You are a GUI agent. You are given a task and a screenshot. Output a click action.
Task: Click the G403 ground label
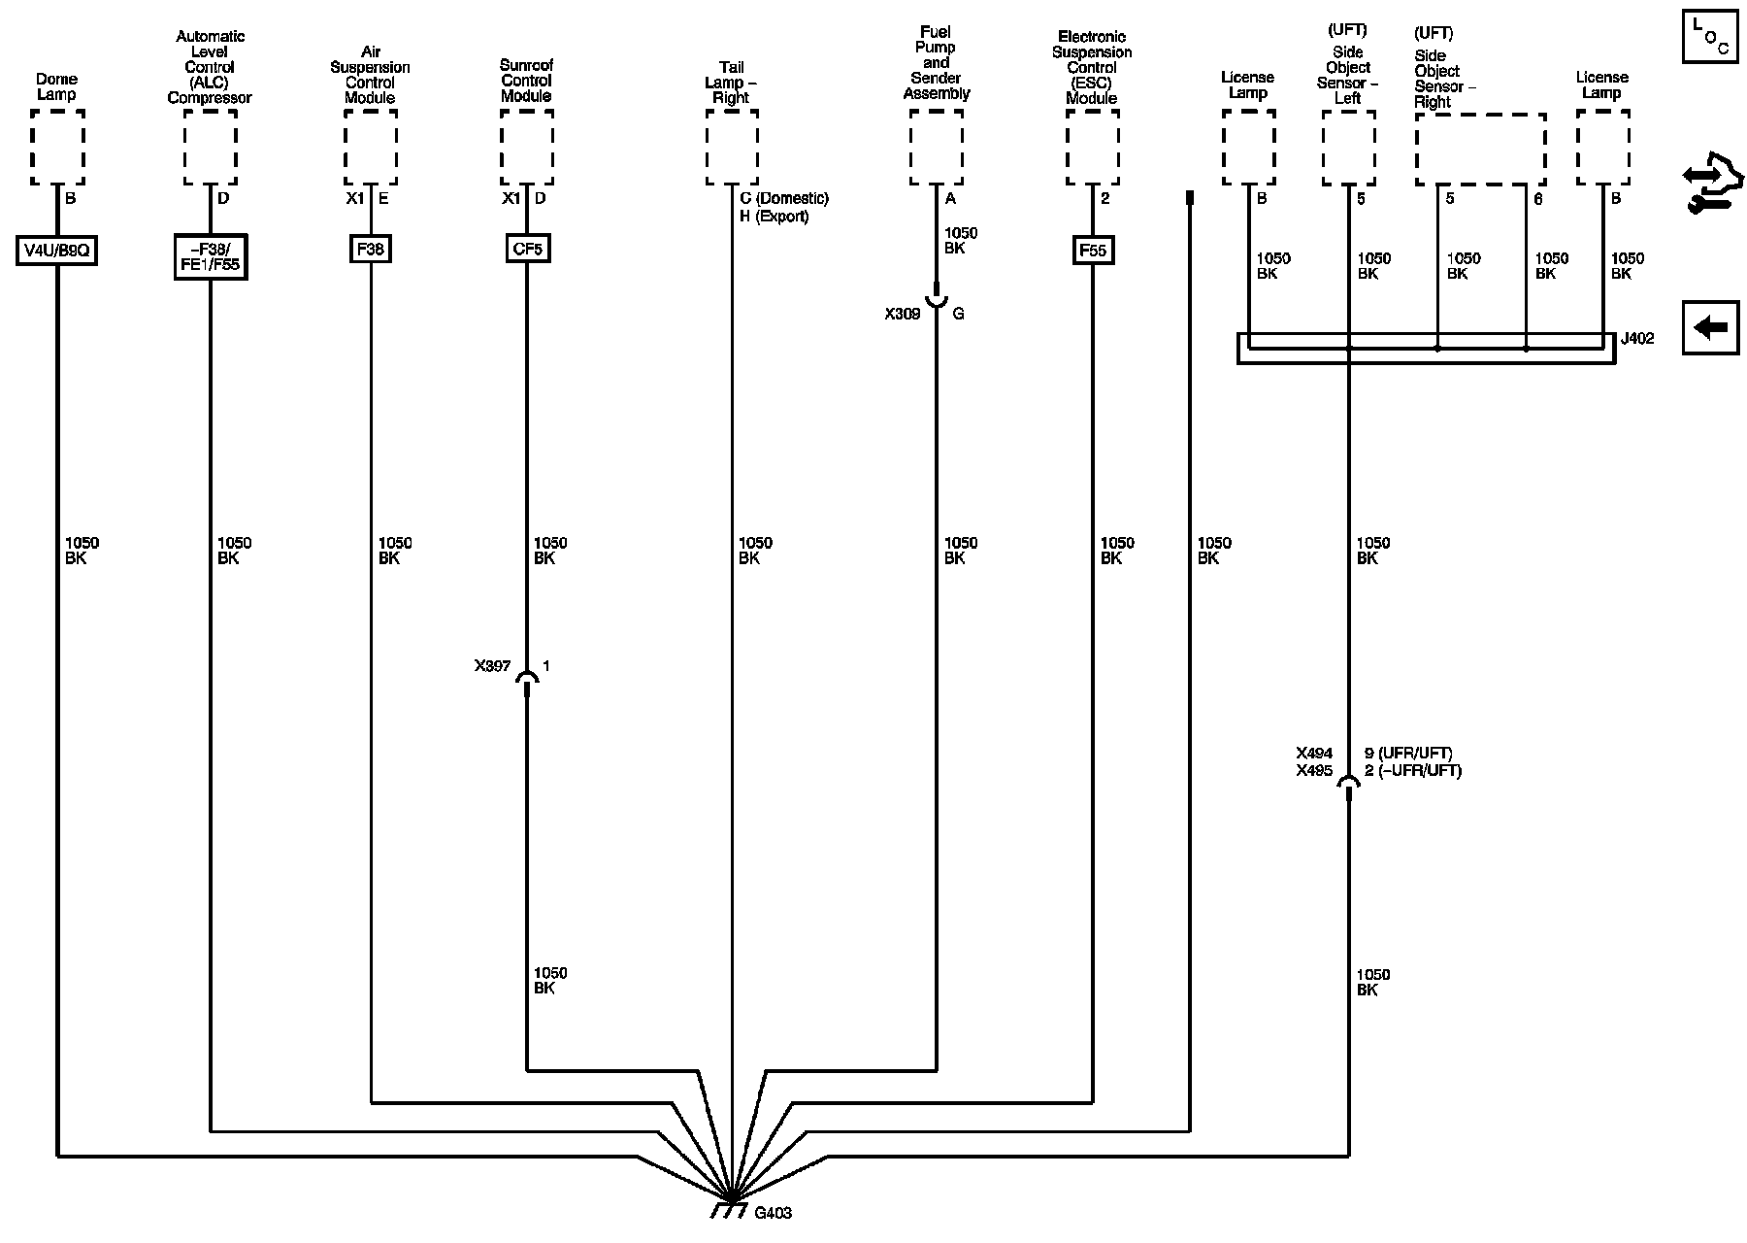click(773, 1213)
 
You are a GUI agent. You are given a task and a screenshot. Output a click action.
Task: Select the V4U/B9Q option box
click(57, 251)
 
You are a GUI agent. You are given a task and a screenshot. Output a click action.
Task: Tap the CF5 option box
click(527, 250)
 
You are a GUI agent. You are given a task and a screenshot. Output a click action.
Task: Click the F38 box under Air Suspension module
click(371, 250)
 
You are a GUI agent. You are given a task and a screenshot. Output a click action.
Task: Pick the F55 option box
click(1092, 251)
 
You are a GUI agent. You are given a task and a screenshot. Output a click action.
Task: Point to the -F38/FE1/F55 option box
click(210, 256)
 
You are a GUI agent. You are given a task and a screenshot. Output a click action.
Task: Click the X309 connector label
click(902, 315)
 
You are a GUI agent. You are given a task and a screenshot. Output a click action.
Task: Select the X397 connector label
click(492, 666)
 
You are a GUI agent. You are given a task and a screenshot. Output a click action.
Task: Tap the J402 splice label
click(1636, 340)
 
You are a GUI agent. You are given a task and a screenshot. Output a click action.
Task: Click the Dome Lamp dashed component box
click(57, 147)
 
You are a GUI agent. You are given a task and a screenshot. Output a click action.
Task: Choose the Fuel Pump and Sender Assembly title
click(936, 63)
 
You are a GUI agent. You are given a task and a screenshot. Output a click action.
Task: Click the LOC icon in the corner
click(1710, 37)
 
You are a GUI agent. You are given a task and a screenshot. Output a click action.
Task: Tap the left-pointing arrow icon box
click(1710, 327)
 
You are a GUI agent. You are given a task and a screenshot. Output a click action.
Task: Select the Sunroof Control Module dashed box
click(527, 147)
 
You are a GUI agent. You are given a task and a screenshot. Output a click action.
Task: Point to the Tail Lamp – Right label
click(731, 83)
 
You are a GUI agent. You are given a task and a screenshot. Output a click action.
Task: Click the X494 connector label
click(1314, 754)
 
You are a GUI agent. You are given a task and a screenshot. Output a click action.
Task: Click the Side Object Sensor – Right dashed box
click(1480, 149)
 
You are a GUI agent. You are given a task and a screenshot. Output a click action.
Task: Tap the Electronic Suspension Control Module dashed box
click(1092, 147)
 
